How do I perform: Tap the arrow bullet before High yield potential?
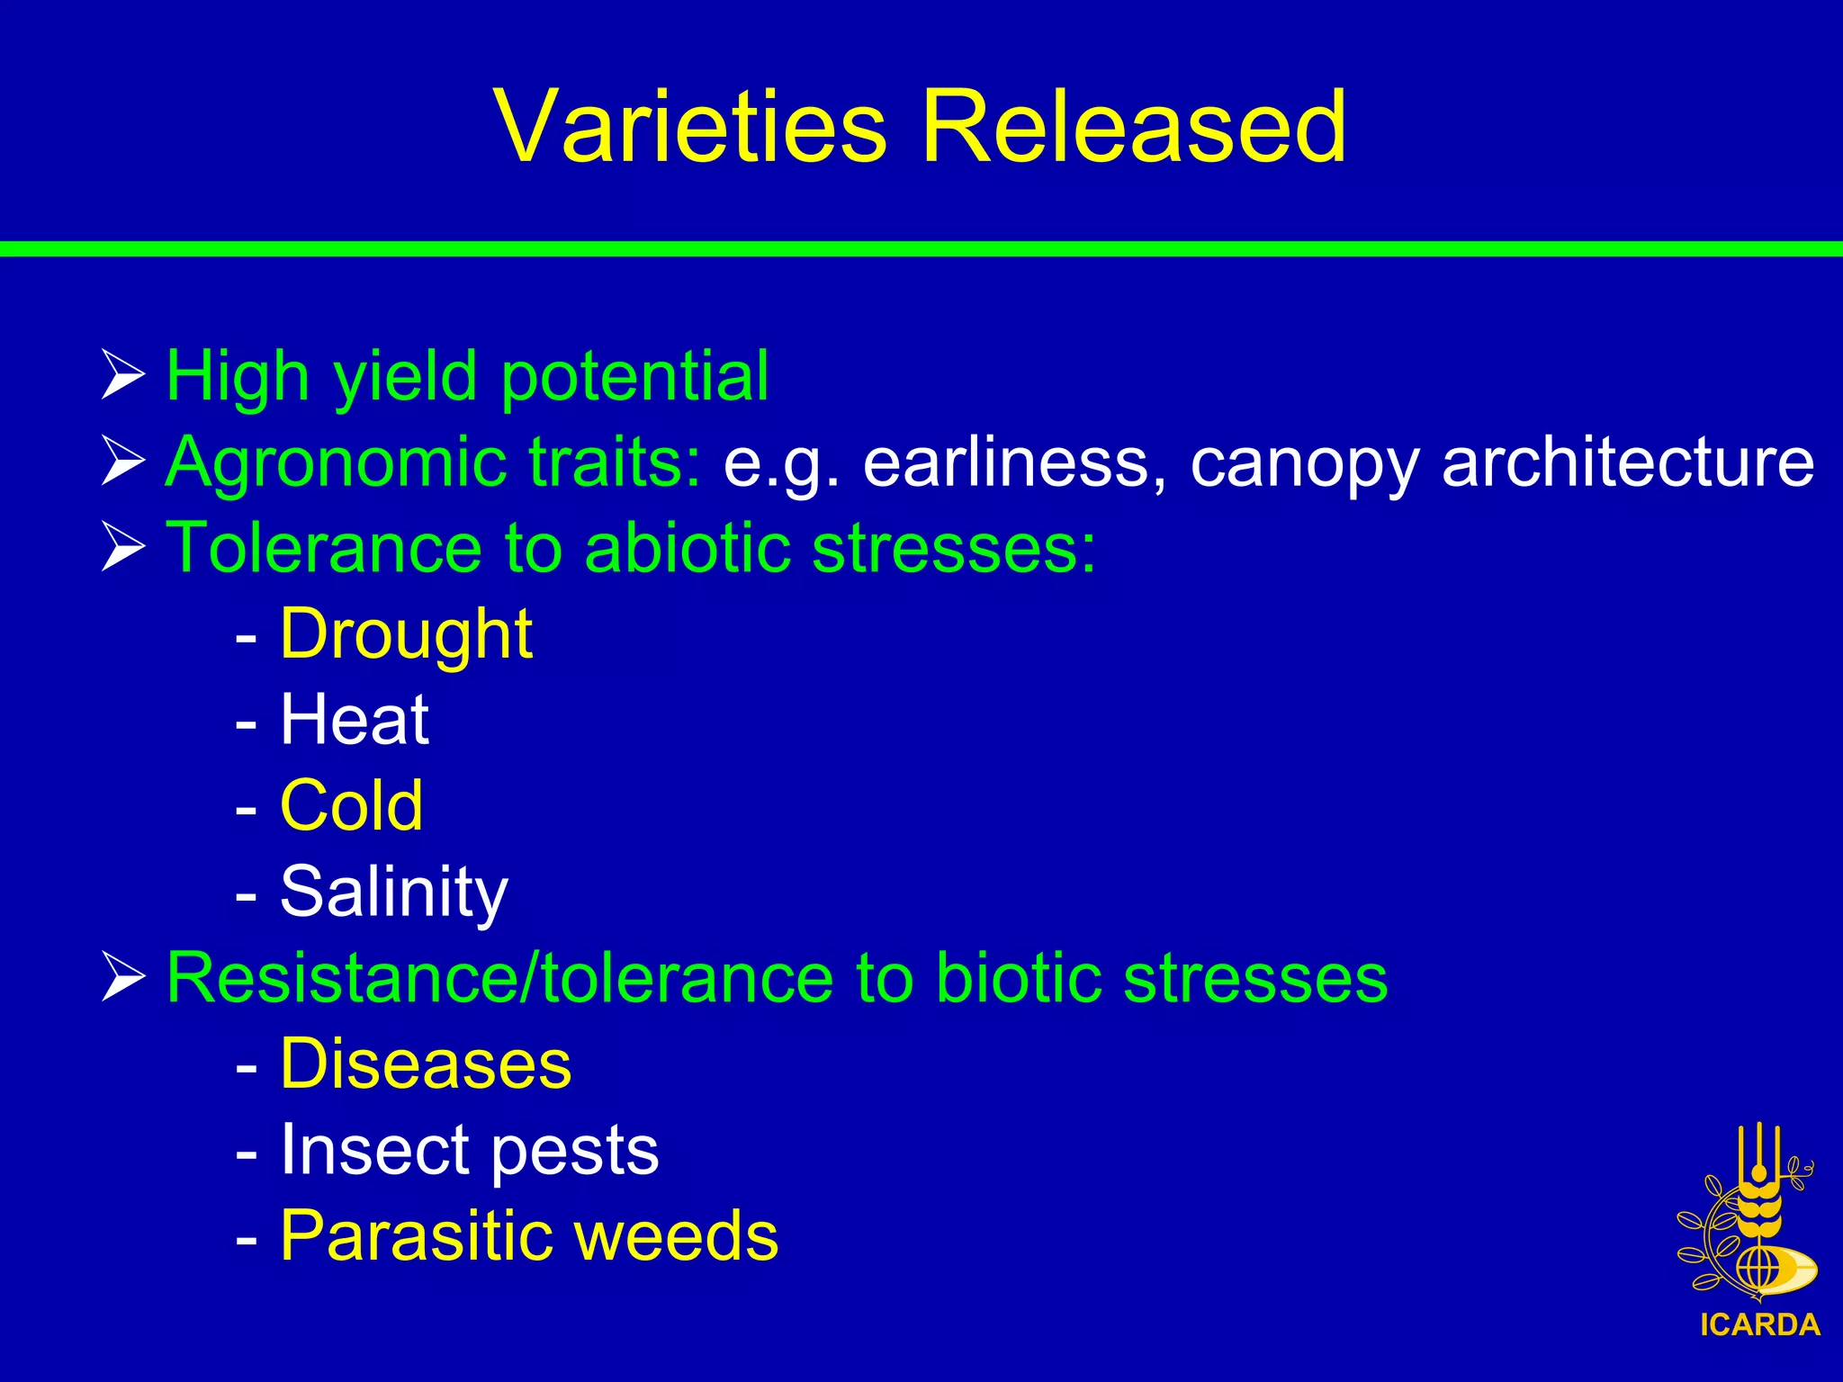click(x=122, y=376)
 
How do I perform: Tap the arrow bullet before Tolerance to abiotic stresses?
click(x=122, y=547)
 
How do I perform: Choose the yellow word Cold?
click(x=351, y=806)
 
